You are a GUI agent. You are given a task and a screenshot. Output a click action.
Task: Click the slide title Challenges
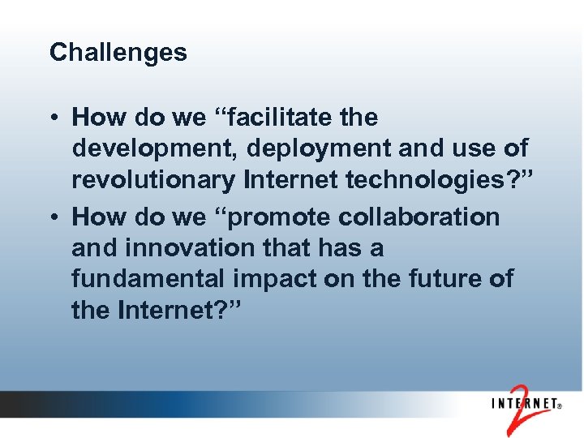(x=118, y=53)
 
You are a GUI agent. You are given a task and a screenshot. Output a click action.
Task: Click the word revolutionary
(x=152, y=181)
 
